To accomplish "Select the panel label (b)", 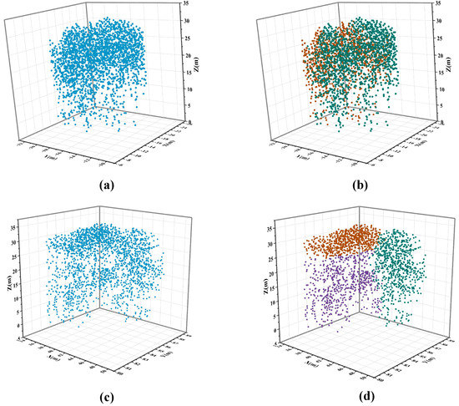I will (359, 185).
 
